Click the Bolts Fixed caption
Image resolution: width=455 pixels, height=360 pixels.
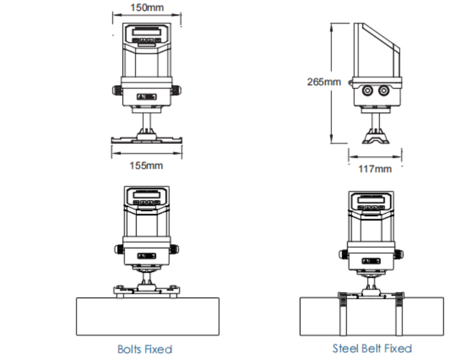click(145, 349)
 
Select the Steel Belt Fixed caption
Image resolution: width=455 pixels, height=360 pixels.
click(372, 348)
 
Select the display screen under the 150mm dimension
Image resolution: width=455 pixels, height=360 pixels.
click(146, 32)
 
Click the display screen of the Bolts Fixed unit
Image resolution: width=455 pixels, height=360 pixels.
click(146, 195)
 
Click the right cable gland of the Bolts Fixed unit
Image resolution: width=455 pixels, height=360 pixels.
click(176, 250)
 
